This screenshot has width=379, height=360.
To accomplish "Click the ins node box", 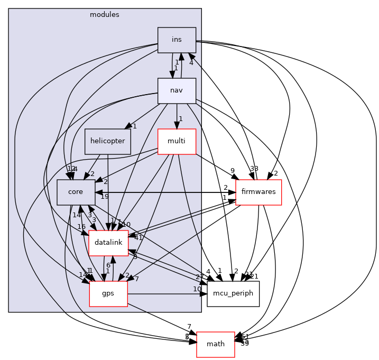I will [x=177, y=40].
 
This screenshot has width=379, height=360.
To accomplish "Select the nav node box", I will [x=177, y=90].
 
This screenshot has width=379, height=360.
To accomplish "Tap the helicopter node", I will [x=108, y=141].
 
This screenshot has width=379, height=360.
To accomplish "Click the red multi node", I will [x=177, y=141].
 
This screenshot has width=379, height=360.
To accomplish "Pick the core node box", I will [x=76, y=192].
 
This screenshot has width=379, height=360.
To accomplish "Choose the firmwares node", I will [x=258, y=192].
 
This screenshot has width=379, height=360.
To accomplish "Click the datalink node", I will [x=108, y=243].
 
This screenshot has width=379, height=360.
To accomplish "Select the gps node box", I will [x=108, y=293].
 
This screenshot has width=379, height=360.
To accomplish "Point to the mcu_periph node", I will [x=233, y=293].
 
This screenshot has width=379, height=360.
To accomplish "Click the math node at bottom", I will [x=215, y=344].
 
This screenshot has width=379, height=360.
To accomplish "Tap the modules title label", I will [x=105, y=14].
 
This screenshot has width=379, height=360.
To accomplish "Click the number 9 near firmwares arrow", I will [x=233, y=170].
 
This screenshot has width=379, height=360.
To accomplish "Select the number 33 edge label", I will [x=254, y=169].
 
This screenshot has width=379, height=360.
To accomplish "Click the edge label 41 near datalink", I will [x=138, y=238].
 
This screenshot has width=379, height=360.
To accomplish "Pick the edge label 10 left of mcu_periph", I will [x=197, y=289].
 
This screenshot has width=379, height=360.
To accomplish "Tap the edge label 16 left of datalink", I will [x=81, y=227].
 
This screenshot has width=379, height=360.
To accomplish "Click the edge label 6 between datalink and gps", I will [x=108, y=265].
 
